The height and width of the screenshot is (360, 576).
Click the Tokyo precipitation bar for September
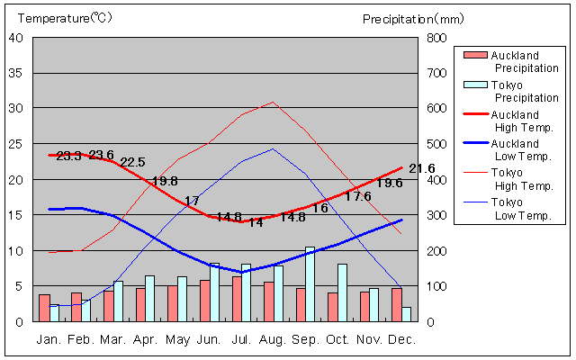click(310, 283)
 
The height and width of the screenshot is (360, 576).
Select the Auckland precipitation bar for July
click(237, 298)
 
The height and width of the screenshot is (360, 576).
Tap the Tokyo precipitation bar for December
click(407, 314)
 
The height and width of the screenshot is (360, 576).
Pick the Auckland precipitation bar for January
click(44, 307)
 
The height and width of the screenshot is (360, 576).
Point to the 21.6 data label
click(421, 168)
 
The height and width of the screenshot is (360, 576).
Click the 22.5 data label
click(132, 162)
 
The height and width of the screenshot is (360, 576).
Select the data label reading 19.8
click(165, 181)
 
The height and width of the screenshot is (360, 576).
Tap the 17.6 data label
click(357, 196)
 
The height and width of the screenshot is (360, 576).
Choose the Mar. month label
click(112, 339)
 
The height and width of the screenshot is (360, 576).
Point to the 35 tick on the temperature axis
click(17, 73)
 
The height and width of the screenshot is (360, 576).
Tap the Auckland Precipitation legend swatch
click(473, 56)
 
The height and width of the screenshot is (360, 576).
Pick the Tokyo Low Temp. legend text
click(522, 209)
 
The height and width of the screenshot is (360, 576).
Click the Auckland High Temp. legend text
click(522, 121)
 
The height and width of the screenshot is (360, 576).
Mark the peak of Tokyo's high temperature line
click(273, 102)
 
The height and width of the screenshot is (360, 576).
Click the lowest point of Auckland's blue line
click(240, 272)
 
